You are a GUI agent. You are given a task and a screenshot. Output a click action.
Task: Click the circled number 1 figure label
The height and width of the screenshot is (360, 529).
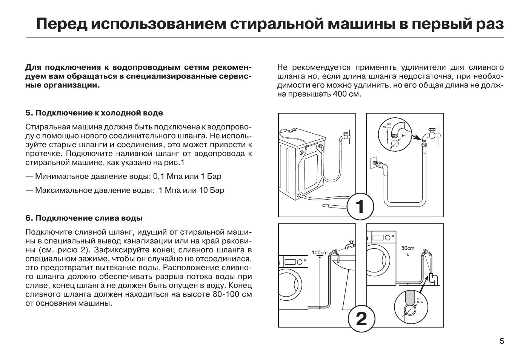pyautogui.click(x=360, y=207)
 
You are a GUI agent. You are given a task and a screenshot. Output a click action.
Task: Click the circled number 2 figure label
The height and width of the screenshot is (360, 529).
pyautogui.click(x=361, y=319)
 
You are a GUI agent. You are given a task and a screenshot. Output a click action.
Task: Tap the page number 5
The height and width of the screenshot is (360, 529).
pyautogui.click(x=501, y=342)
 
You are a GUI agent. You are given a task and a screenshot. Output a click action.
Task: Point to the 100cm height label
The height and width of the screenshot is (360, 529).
pyautogui.click(x=320, y=252)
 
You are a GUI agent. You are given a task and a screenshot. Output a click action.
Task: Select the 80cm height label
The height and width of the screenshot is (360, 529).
pyautogui.click(x=408, y=248)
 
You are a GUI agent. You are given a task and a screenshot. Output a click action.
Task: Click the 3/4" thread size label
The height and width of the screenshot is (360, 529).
pyautogui.click(x=404, y=135)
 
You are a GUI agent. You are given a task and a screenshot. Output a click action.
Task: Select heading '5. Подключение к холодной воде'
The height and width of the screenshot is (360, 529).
pyautogui.click(x=94, y=113)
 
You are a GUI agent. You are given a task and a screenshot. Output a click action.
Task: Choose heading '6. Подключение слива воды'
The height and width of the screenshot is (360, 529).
pyautogui.click(x=84, y=218)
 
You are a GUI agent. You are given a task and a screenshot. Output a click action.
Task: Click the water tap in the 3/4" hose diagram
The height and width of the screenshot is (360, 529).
pyautogui.click(x=430, y=134)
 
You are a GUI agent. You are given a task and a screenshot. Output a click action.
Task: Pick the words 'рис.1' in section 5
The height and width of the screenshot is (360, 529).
pyautogui.click(x=175, y=163)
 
